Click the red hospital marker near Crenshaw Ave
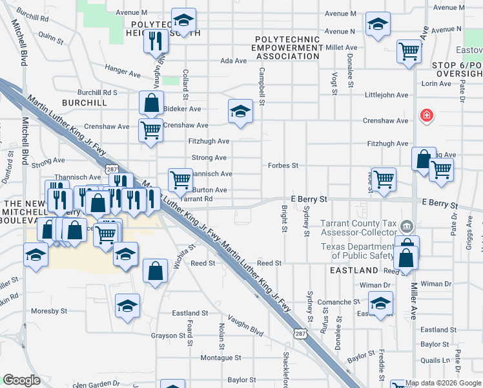pyautogui.click(x=426, y=116)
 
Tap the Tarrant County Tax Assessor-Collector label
pyautogui.click(x=359, y=228)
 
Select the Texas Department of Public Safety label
pyautogui.click(x=358, y=252)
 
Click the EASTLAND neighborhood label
pyautogui.click(x=354, y=270)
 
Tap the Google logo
pyautogui.click(x=22, y=380)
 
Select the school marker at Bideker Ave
pyautogui.click(x=240, y=111)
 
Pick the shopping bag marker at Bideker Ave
pyautogui.click(x=151, y=102)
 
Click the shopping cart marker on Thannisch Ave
pyautogui.click(x=180, y=178)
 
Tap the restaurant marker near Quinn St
pyautogui.click(x=154, y=42)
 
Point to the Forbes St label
pyautogui.click(x=283, y=166)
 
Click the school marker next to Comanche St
pyautogui.click(x=380, y=303)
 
